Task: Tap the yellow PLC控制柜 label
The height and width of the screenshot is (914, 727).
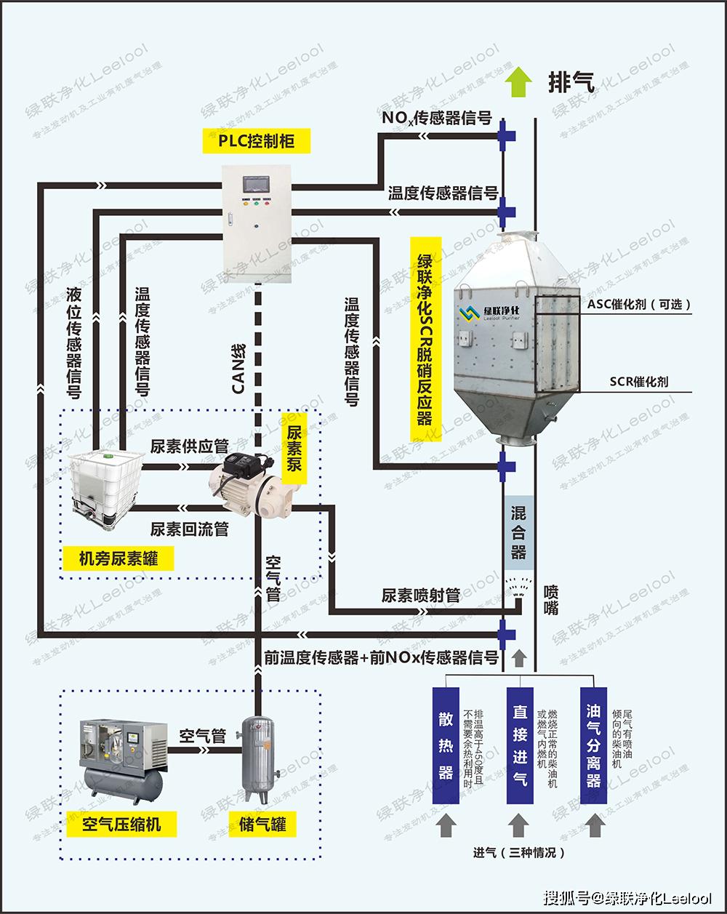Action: point(257,141)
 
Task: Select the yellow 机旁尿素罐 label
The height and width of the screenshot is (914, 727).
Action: point(118,558)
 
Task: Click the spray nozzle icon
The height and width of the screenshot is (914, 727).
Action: point(518,585)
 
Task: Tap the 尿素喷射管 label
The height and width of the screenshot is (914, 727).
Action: point(420,595)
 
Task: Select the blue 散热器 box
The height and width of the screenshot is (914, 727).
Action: point(446,745)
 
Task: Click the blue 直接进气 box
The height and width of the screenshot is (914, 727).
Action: point(519,745)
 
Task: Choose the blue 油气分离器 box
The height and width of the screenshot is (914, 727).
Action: point(593,745)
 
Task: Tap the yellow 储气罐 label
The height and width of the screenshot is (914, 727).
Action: point(262,824)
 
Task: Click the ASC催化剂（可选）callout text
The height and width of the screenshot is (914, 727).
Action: point(638,305)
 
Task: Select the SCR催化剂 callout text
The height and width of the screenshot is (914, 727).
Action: point(639,381)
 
